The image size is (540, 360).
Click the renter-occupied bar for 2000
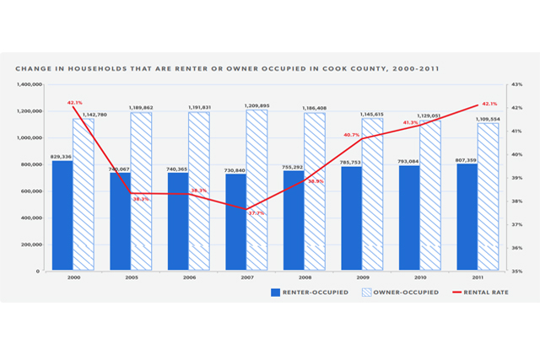tap(62, 216)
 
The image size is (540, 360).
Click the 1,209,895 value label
tap(256, 105)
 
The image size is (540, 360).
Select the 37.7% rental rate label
tap(255, 212)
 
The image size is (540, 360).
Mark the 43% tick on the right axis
tap(516, 84)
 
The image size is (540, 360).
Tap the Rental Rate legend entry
tap(489, 293)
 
